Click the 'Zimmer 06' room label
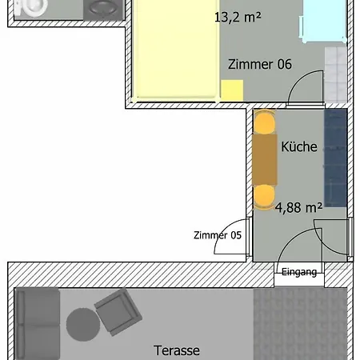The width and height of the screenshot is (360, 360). [260, 66]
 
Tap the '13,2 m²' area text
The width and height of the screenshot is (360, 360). [238, 16]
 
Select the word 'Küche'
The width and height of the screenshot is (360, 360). [299, 147]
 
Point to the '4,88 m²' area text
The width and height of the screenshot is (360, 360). [298, 208]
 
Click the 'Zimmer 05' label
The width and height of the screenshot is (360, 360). [218, 235]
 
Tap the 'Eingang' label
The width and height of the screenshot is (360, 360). [299, 272]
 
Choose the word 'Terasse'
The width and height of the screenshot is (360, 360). [176, 350]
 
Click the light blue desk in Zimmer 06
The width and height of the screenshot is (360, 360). [323, 19]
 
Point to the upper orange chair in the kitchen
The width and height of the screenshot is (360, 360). [263, 122]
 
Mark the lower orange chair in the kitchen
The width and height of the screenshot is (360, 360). [263, 195]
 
